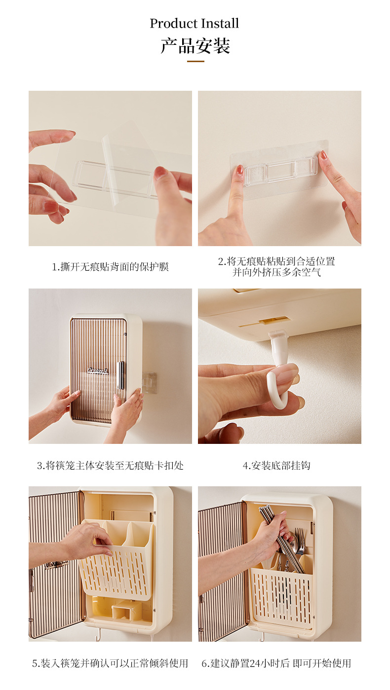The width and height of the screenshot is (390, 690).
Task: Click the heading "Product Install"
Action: pyautogui.click(x=194, y=23)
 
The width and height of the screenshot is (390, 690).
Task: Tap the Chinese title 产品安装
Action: pyautogui.click(x=195, y=46)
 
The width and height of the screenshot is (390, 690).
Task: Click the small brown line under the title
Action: pyautogui.click(x=195, y=61)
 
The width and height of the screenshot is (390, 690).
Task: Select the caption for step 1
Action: pyautogui.click(x=110, y=266)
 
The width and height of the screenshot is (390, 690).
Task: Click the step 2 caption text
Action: pyautogui.click(x=276, y=267)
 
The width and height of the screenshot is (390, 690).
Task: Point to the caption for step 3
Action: pyautogui.click(x=110, y=465)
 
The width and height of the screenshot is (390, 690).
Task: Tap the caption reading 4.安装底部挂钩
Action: pyautogui.click(x=276, y=465)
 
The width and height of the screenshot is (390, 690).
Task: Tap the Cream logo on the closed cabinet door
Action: pyautogui.click(x=97, y=370)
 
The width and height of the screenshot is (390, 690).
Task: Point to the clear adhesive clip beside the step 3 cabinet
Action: pyautogui.click(x=149, y=383)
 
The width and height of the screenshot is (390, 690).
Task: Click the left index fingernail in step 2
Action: pyautogui.click(x=239, y=169)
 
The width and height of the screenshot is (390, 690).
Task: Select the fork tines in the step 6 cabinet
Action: pyautogui.click(x=300, y=538)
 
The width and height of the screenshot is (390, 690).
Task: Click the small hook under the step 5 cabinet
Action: pyautogui.click(x=98, y=635)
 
